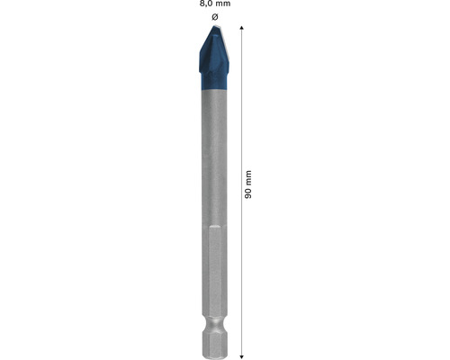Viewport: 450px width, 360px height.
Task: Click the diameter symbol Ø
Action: click(x=214, y=17)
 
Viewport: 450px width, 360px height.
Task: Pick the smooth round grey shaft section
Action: click(x=214, y=162)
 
